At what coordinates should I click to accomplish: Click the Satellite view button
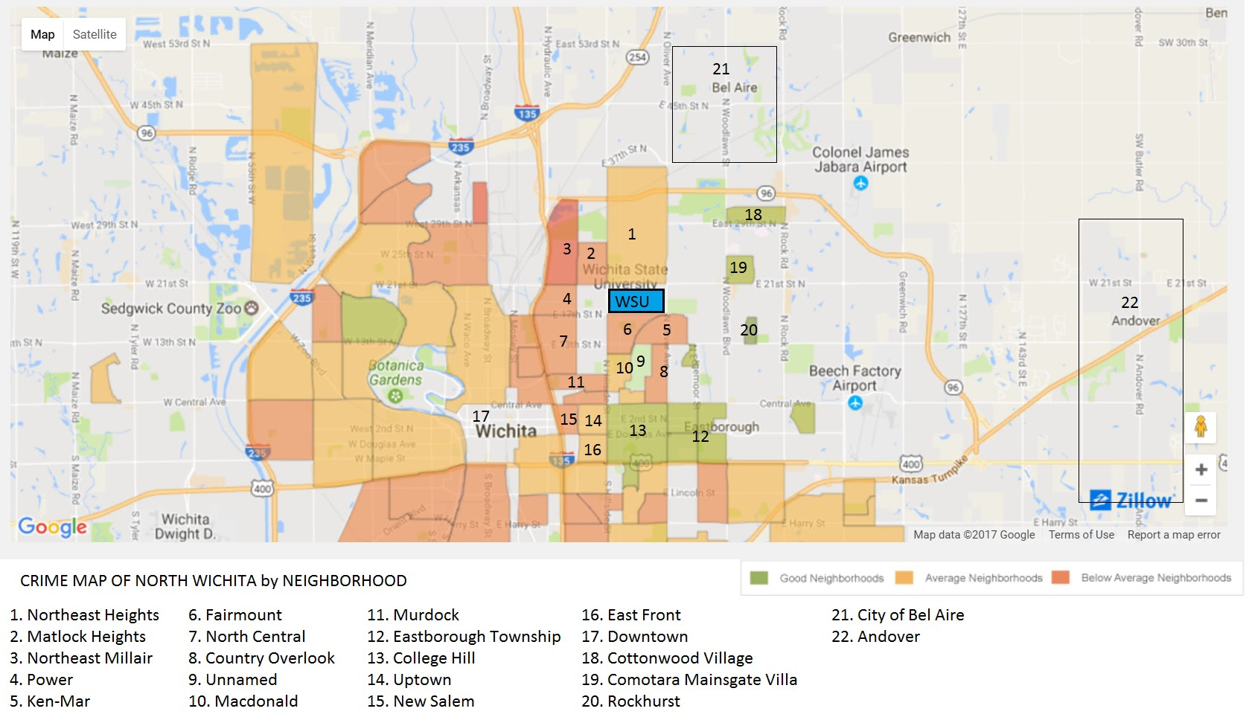click(x=95, y=34)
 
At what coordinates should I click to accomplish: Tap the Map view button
click(x=42, y=34)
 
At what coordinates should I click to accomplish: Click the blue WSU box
click(x=636, y=301)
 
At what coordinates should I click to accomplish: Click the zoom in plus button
click(x=1201, y=469)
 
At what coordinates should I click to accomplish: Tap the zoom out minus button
click(x=1201, y=501)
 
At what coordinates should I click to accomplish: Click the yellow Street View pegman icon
click(x=1200, y=427)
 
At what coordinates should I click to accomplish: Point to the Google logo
click(x=52, y=527)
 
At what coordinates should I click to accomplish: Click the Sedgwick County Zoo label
click(x=171, y=308)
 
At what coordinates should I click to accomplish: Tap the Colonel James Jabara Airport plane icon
click(x=861, y=183)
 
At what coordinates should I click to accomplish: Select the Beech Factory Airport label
click(x=854, y=377)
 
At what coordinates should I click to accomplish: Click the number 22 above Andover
click(x=1129, y=302)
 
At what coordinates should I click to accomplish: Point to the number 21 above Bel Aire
click(x=721, y=69)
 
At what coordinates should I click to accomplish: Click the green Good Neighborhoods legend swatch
click(x=758, y=578)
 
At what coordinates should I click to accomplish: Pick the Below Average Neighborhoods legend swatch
click(x=1061, y=578)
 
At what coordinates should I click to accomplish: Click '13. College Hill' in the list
click(x=421, y=658)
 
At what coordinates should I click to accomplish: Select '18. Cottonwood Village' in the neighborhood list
click(x=667, y=658)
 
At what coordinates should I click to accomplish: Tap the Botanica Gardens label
click(x=395, y=373)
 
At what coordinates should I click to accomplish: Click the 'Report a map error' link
click(x=1174, y=535)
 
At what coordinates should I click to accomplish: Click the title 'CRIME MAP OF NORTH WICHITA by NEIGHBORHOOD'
click(x=214, y=581)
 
